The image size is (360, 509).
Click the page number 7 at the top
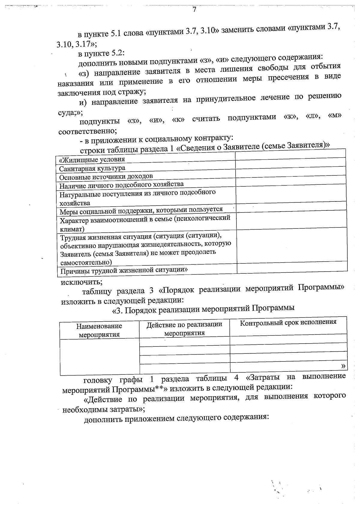pos(194,9)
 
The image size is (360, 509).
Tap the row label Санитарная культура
pos(92,168)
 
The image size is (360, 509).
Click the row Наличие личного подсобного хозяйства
pos(121,185)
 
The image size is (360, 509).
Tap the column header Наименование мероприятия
pos(99,330)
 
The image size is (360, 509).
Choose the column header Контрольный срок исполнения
pos(288,322)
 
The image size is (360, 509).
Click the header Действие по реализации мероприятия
pos(184,329)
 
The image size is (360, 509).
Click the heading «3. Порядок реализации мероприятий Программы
pos(203,309)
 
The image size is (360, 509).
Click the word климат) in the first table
pos(72,229)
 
